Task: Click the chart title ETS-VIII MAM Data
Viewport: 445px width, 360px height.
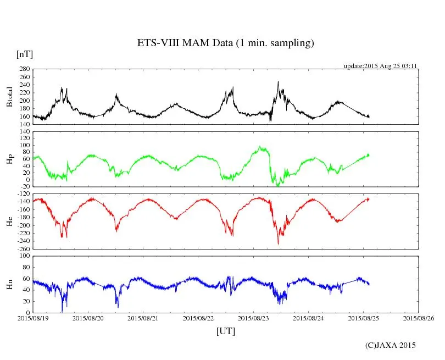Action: [x=225, y=43]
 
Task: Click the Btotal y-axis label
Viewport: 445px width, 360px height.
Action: [x=9, y=97]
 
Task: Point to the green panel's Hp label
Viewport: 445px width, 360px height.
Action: [x=9, y=159]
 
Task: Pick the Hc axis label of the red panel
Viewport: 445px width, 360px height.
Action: [x=9, y=221]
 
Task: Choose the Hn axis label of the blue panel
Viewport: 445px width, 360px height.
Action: [x=9, y=284]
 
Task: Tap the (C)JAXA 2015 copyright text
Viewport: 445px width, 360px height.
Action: [x=391, y=345]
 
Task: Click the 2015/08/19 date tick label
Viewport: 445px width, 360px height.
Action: [x=33, y=318]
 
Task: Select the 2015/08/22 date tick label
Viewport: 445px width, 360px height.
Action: [x=198, y=318]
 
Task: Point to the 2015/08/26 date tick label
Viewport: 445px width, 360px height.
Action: [x=419, y=318]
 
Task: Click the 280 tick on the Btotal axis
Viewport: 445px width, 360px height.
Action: [x=24, y=69]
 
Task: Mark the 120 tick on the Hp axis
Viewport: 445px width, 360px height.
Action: [x=24, y=132]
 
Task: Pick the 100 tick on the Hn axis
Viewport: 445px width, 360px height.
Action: [x=24, y=256]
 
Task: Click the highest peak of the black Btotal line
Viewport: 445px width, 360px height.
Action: [x=278, y=82]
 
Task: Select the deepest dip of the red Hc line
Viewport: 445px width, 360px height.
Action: [x=278, y=244]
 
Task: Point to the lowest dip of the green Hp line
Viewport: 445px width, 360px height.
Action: [x=278, y=186]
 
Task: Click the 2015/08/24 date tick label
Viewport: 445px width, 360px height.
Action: [x=309, y=318]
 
